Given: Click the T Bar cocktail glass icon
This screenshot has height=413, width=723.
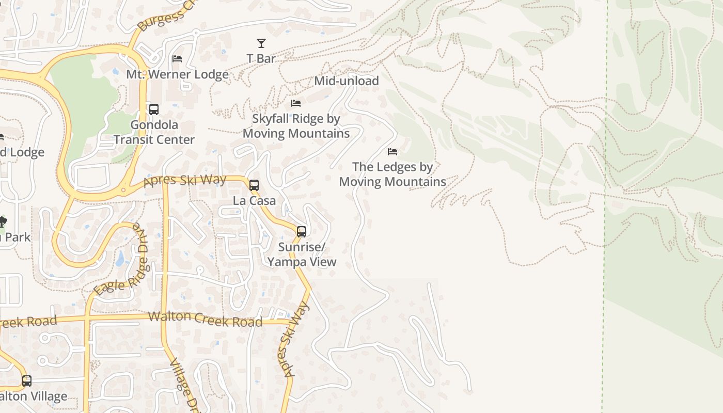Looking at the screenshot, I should pyautogui.click(x=261, y=43).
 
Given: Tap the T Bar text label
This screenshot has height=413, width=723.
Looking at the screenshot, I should pyautogui.click(x=261, y=59).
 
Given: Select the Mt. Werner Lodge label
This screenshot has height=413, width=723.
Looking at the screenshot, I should pyautogui.click(x=177, y=74).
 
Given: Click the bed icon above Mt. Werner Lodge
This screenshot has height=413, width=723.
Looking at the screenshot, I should pyautogui.click(x=177, y=59).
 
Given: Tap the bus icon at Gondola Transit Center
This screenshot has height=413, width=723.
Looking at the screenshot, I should pyautogui.click(x=154, y=109).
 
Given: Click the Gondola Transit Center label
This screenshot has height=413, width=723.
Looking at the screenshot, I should pyautogui.click(x=154, y=132).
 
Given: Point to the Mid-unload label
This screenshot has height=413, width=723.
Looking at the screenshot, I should pyautogui.click(x=346, y=81).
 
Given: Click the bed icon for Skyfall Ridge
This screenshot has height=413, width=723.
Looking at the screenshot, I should pyautogui.click(x=296, y=104).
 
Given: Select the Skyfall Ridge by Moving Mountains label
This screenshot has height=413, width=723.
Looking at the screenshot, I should pyautogui.click(x=296, y=126).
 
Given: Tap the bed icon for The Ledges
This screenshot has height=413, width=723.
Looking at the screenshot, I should pyautogui.click(x=392, y=152).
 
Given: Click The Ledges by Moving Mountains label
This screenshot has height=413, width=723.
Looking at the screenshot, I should pyautogui.click(x=392, y=174).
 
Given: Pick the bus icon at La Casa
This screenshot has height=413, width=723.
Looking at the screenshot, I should pyautogui.click(x=254, y=185).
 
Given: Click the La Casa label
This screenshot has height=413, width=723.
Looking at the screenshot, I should pyautogui.click(x=254, y=201).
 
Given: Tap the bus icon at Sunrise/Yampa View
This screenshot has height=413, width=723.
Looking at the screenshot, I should pyautogui.click(x=302, y=232).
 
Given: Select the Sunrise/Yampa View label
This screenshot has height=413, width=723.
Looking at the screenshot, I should pyautogui.click(x=302, y=255).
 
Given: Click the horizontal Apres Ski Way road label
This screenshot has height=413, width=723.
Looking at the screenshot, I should pyautogui.click(x=185, y=180).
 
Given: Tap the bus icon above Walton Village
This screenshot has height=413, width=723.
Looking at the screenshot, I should pyautogui.click(x=27, y=381).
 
